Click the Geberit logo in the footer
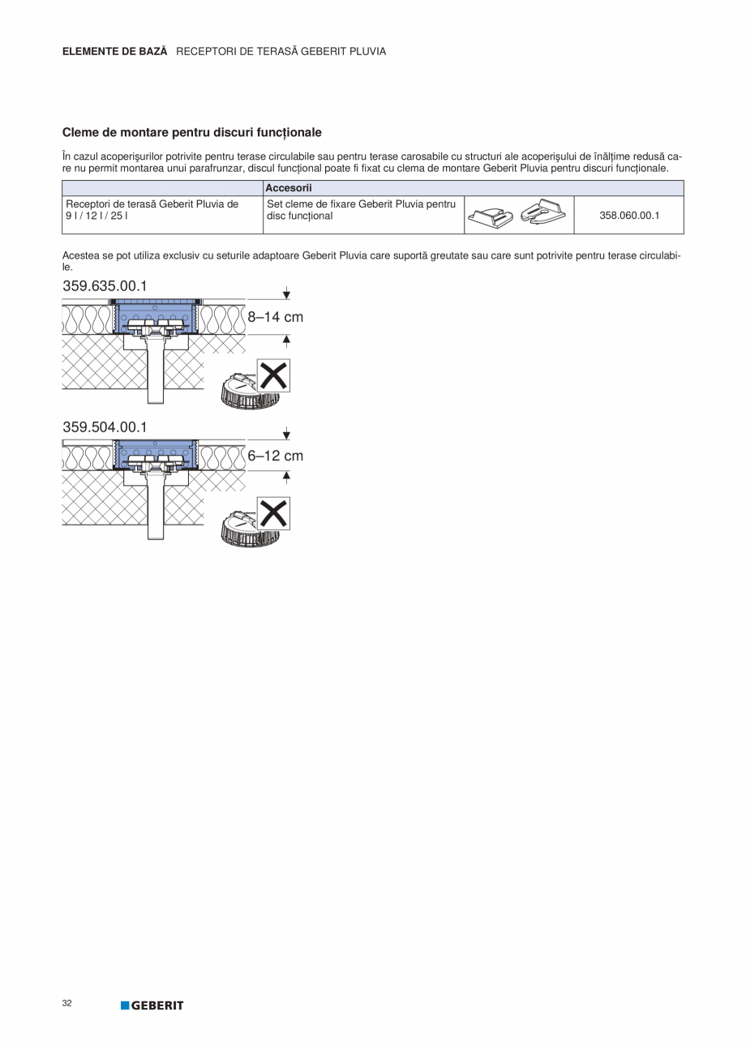pos(152,1005)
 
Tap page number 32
pos(66,1003)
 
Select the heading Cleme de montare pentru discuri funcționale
pos(192,132)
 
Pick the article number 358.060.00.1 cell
pos(629,216)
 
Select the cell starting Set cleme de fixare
pos(361,210)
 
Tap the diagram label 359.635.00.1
pos(105,285)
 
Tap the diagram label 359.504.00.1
pos(105,427)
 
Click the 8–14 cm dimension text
pos(276,317)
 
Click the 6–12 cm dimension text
pos(276,456)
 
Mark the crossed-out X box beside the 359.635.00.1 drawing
pos(273,375)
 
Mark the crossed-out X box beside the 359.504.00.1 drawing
pos(273,514)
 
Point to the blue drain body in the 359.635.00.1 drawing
pos(154,319)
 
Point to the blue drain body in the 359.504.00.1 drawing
pos(154,457)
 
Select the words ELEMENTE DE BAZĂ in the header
pos(115,51)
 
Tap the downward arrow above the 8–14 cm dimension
pos(286,294)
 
